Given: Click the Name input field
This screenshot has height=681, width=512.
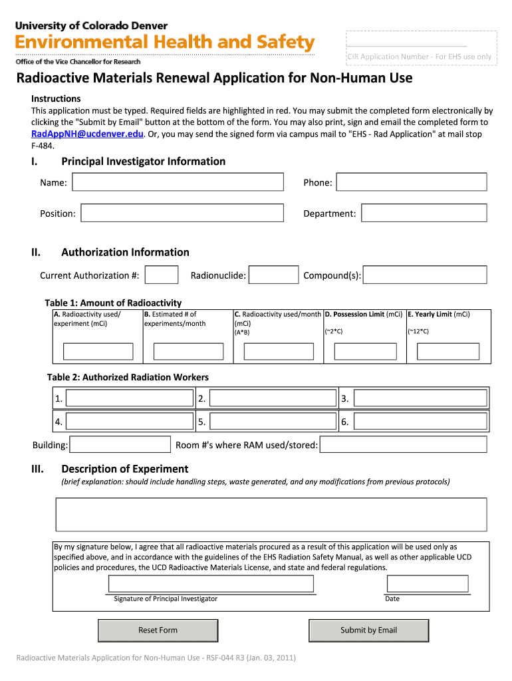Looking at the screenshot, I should [178, 182].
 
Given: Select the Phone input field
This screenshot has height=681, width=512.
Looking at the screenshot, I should [411, 182].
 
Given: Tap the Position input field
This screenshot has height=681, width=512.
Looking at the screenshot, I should [182, 213].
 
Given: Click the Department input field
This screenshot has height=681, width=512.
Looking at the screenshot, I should [424, 213].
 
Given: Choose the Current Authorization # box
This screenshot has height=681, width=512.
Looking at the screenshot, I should [162, 275].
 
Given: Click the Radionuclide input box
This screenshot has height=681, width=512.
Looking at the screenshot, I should [274, 275].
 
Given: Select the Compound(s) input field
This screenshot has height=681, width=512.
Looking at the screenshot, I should [425, 275].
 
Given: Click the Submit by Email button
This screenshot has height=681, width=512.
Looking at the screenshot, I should [368, 630].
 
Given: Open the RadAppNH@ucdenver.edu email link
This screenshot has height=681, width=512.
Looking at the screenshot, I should [87, 134].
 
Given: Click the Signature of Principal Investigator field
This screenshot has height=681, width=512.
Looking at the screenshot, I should [211, 584].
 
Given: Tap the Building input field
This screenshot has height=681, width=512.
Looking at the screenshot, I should [120, 444].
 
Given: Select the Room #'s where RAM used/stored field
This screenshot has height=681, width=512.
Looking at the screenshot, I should [404, 444].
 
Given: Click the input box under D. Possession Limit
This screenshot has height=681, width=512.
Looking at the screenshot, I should [364, 351].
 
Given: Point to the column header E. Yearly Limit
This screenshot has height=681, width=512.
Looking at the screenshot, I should [439, 315].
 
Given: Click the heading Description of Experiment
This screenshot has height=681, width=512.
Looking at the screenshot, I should [124, 469].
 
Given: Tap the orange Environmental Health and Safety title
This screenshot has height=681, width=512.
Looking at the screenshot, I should [164, 43].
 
